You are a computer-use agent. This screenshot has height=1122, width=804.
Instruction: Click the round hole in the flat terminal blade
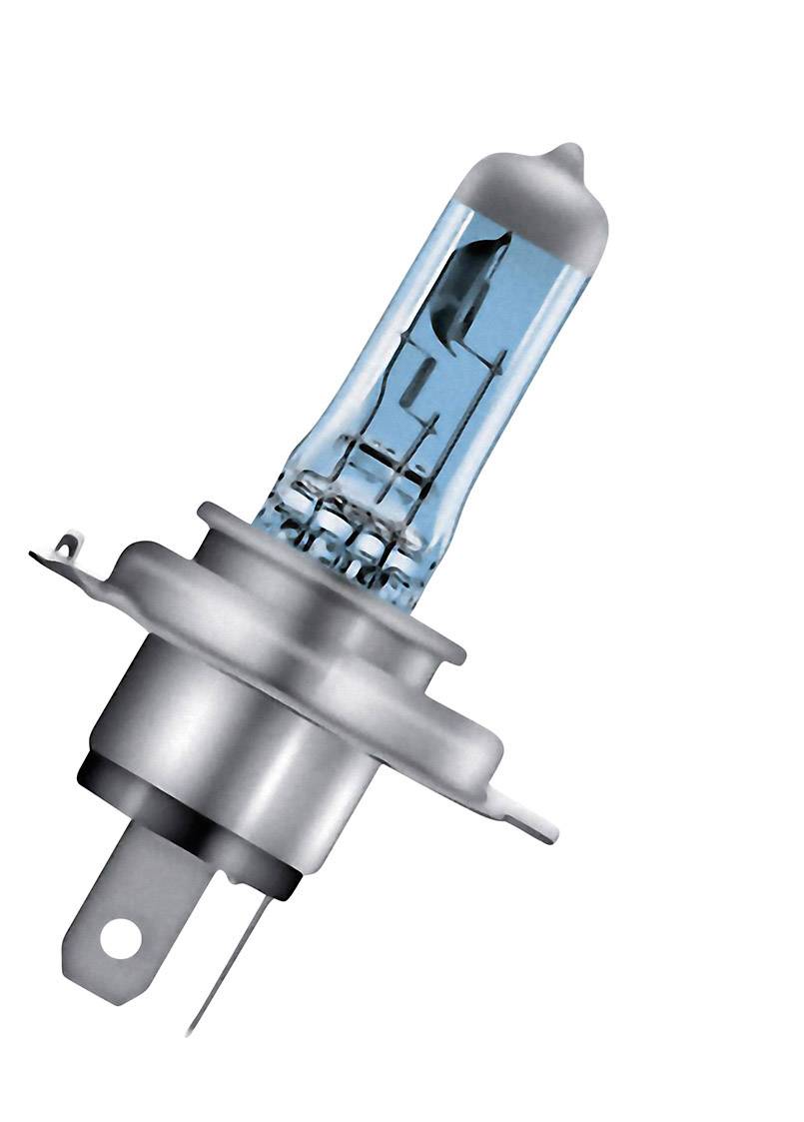click(120, 938)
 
